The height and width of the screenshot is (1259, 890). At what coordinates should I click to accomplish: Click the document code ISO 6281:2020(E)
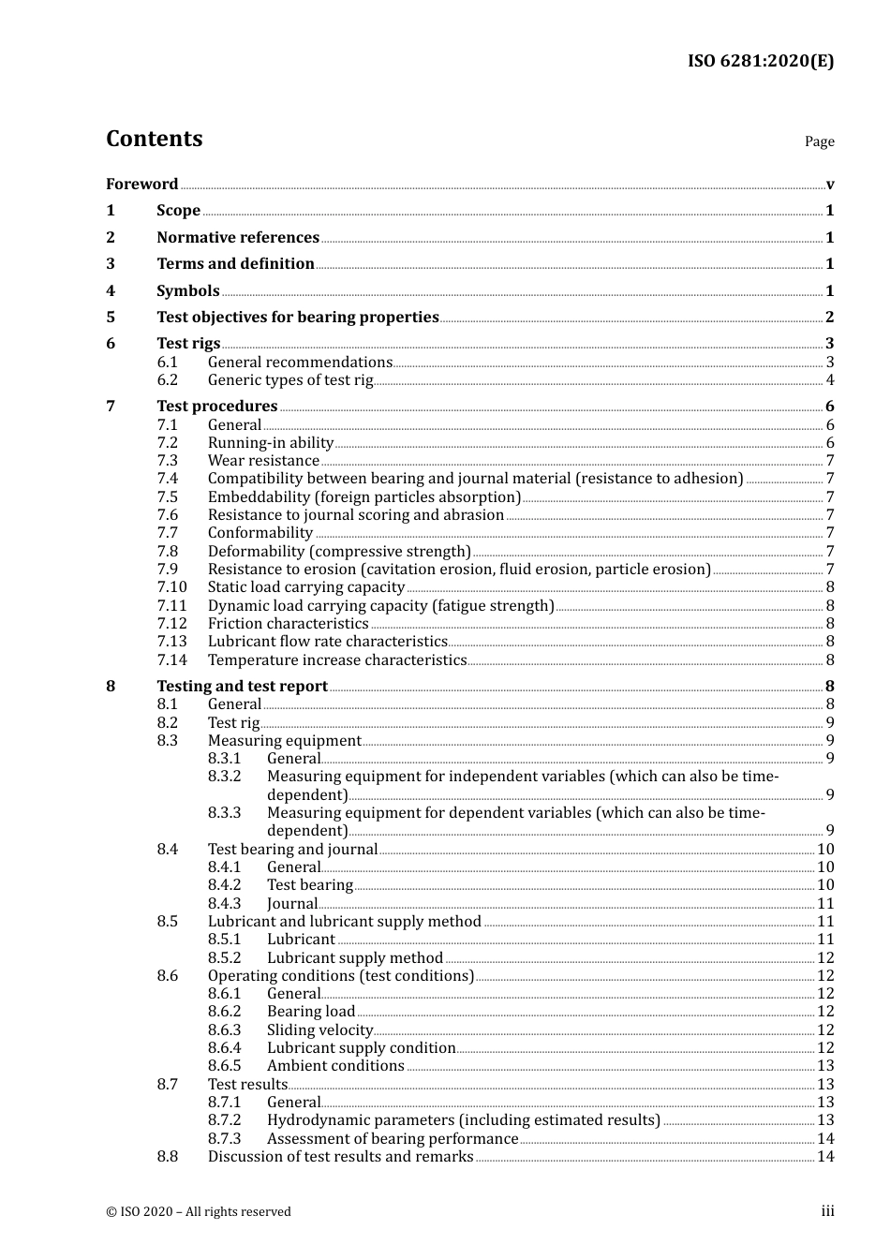[761, 61]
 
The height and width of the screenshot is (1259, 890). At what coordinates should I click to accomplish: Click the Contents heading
[154, 139]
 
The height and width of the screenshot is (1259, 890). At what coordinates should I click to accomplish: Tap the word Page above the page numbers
[819, 141]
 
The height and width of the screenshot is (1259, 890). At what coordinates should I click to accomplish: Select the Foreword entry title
[141, 184]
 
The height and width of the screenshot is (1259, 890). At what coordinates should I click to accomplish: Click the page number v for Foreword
[830, 184]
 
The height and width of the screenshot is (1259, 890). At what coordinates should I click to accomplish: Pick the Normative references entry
[238, 237]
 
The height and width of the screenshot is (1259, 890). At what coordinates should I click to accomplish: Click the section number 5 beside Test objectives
[111, 317]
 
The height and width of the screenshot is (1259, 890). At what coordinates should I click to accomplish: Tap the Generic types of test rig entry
[290, 379]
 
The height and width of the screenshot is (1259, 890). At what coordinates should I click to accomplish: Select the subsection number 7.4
[167, 478]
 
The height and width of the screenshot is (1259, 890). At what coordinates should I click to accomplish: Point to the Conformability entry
[260, 532]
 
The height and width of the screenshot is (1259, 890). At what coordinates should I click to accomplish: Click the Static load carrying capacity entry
[306, 586]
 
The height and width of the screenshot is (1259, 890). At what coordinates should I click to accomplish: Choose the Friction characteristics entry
[288, 623]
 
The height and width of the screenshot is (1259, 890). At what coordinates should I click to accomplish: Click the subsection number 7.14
[171, 659]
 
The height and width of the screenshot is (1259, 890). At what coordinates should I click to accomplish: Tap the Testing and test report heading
[242, 686]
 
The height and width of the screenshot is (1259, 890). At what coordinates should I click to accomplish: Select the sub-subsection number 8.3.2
[224, 776]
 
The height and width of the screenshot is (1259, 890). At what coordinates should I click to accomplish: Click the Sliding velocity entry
[319, 1029]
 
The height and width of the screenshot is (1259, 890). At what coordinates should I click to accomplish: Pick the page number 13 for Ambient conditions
[825, 1065]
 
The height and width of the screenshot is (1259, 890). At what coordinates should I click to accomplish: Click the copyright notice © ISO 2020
[198, 1211]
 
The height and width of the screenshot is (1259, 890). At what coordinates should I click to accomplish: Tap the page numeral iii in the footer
[827, 1211]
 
